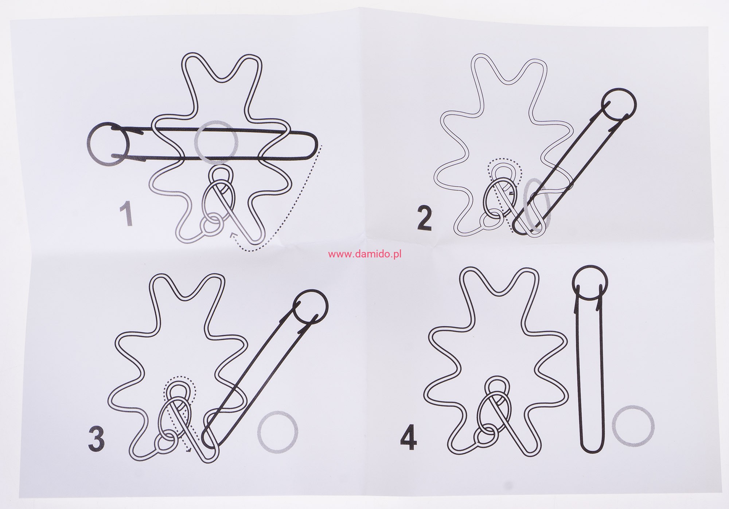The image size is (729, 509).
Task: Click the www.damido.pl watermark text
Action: (365, 254)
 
